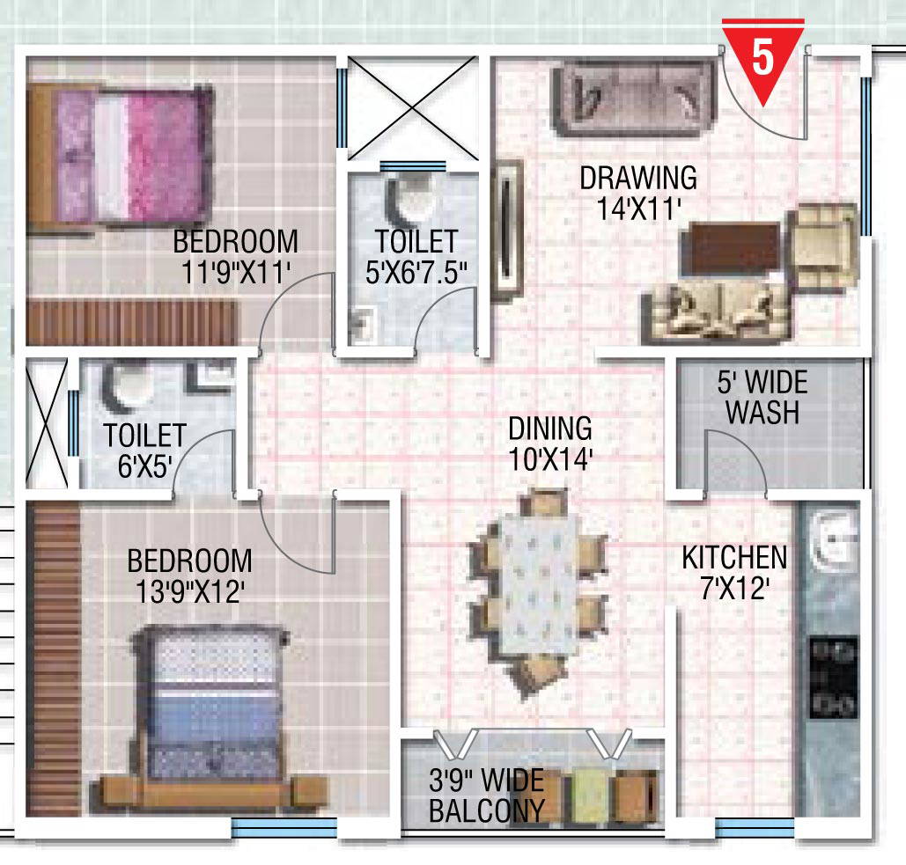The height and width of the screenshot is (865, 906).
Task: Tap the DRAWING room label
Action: click(638, 178)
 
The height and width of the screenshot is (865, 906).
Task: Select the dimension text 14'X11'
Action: click(638, 209)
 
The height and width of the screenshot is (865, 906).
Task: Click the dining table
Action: click(540, 583)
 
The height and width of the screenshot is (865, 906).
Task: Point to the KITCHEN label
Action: click(734, 558)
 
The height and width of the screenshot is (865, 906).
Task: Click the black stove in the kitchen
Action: click(833, 678)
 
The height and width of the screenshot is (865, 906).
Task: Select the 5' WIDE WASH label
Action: click(762, 397)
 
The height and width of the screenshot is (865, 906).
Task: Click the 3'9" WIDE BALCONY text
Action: click(487, 795)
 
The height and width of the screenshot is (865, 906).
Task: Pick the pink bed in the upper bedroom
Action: click(122, 155)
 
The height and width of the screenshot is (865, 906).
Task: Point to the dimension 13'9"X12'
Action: click(190, 591)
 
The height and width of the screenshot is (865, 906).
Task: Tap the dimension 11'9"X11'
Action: click(236, 272)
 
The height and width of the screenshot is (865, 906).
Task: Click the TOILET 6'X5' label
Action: click(144, 451)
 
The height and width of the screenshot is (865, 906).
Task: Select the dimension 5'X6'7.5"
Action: click(416, 272)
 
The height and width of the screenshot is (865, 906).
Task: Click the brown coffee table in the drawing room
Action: click(731, 249)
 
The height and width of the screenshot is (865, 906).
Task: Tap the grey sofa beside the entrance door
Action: click(635, 99)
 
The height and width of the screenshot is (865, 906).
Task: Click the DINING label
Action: click(550, 429)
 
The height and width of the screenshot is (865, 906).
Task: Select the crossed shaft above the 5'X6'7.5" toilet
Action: click(412, 108)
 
